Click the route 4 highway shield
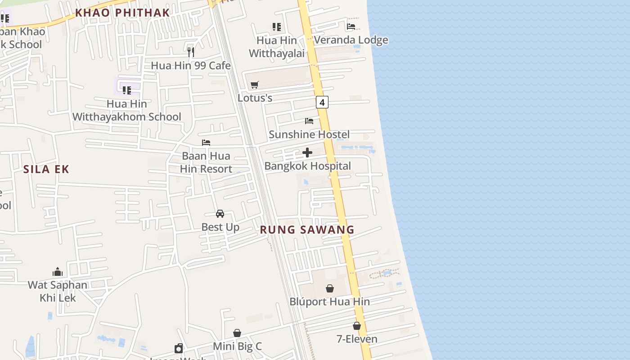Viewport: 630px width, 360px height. [x=322, y=102]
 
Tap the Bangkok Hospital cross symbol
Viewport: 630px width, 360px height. [x=307, y=153]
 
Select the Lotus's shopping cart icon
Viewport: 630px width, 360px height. [x=255, y=85]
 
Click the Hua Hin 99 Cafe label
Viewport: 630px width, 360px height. [x=190, y=66]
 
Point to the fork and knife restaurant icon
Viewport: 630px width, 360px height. [x=191, y=52]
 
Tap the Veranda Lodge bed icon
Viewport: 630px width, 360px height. [x=351, y=27]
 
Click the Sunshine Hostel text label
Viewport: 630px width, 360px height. [x=309, y=135]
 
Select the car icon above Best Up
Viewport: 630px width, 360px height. [x=220, y=213]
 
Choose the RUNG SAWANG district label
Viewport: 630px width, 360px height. [x=307, y=230]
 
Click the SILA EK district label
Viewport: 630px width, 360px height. [x=46, y=169]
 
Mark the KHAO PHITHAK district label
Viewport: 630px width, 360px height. [x=122, y=13]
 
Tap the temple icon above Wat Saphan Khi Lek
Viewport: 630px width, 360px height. [x=58, y=272]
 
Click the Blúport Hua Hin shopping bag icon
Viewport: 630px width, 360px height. [x=330, y=288]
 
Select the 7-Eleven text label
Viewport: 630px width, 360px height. [x=357, y=339]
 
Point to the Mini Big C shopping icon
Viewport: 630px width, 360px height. [x=237, y=333]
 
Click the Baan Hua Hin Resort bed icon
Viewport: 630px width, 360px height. [x=206, y=143]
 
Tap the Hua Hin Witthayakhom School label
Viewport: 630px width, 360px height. [x=127, y=110]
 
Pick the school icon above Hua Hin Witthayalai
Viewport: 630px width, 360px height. [x=277, y=27]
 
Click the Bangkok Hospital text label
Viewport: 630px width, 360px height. [x=307, y=166]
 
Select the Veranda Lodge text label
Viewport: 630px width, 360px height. [x=351, y=40]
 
